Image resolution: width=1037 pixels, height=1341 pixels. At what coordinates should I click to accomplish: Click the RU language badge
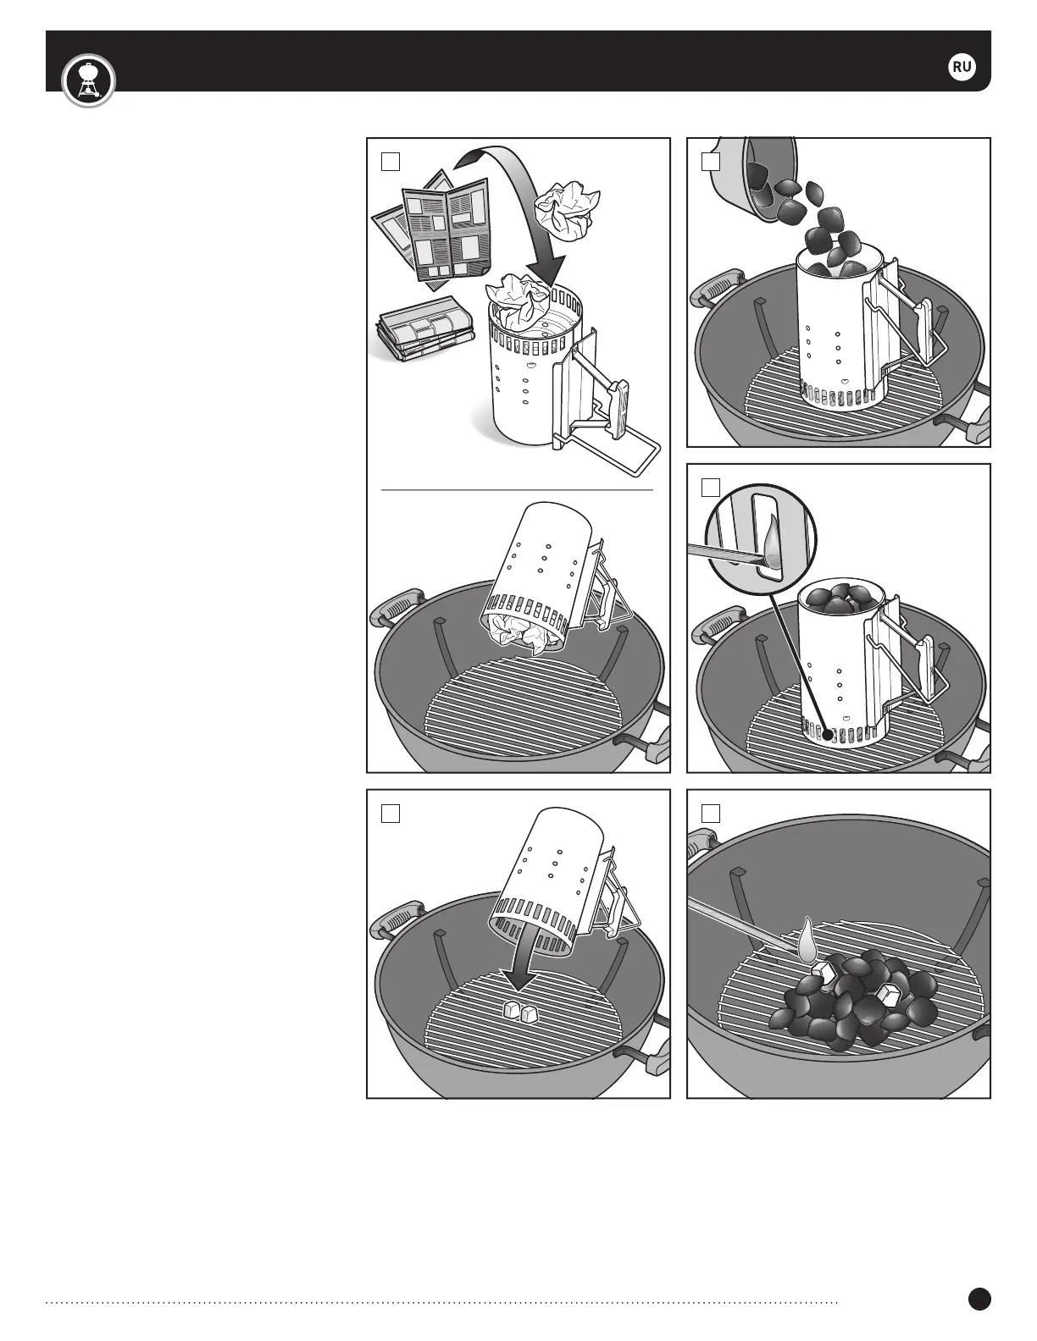(x=962, y=67)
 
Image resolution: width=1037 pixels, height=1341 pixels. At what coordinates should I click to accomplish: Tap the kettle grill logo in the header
(x=88, y=80)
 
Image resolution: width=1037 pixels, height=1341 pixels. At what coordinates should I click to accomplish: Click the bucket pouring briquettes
(x=757, y=176)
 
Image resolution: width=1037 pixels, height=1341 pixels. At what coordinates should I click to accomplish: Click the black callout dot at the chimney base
(x=827, y=734)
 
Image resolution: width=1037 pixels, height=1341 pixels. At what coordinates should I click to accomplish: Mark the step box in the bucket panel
(x=711, y=162)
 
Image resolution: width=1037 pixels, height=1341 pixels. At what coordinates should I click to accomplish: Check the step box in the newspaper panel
(x=391, y=162)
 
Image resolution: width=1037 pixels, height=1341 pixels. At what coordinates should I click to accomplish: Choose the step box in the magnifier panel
(x=711, y=488)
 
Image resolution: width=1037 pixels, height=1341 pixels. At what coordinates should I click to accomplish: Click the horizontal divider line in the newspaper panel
(x=517, y=490)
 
